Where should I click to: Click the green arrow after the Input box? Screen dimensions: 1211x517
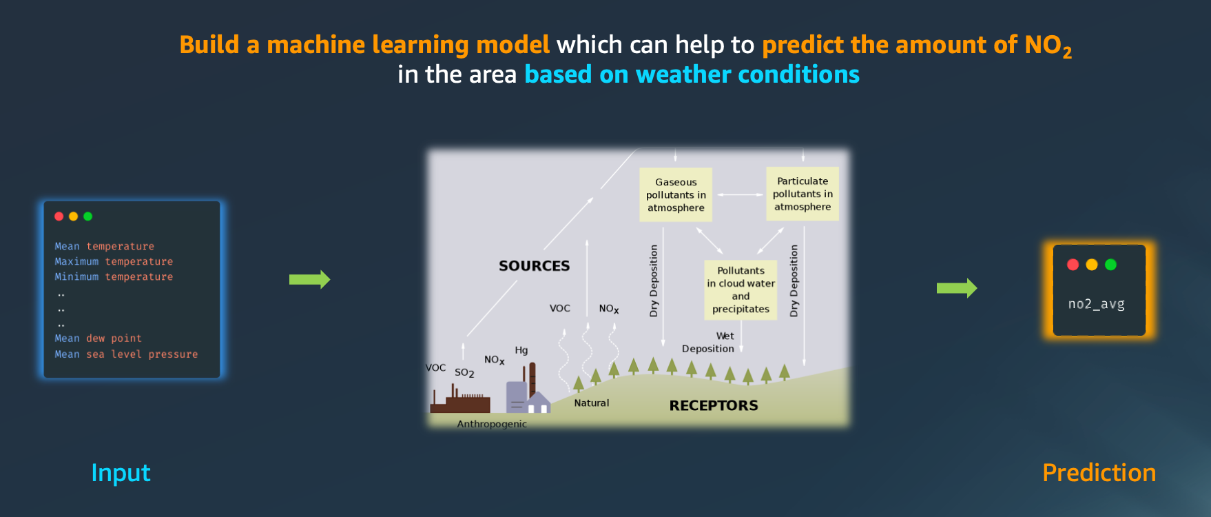309,279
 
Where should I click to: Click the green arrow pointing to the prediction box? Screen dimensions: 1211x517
957,288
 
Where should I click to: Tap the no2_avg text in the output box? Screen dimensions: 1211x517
1096,304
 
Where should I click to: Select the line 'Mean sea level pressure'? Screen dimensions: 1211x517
126,354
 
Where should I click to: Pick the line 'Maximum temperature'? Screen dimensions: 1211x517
114,261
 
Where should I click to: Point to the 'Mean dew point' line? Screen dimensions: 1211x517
98,338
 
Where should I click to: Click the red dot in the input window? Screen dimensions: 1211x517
59,216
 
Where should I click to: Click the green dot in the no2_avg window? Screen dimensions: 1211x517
1110,265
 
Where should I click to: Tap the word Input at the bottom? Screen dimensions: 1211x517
121,473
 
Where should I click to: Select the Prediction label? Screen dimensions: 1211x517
1099,473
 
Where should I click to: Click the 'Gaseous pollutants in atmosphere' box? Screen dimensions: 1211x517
676,195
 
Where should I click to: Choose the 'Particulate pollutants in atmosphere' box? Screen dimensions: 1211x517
803,194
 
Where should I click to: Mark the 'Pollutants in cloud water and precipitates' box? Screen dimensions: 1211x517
741,290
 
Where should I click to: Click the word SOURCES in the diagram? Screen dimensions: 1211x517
534,266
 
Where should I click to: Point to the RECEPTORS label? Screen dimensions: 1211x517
714,405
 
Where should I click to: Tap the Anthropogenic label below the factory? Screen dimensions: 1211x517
492,424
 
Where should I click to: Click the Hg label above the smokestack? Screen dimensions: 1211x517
521,350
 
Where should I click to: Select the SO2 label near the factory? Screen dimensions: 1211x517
464,373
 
